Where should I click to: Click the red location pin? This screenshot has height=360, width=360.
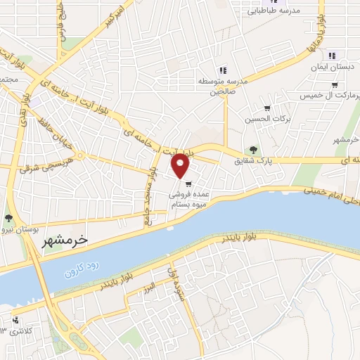pos(181,165)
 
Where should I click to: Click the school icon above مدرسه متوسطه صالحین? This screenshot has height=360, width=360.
pos(223,70)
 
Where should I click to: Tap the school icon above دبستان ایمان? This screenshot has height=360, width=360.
pos(332,56)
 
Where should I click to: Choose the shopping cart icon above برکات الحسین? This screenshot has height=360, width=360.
pos(266,108)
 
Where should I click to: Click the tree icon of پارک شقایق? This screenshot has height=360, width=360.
pos(253,149)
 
